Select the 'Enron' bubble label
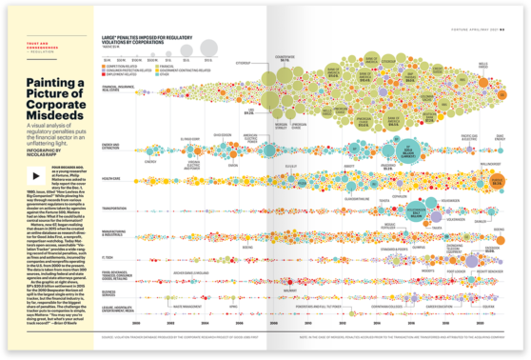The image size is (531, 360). tap(150, 163)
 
